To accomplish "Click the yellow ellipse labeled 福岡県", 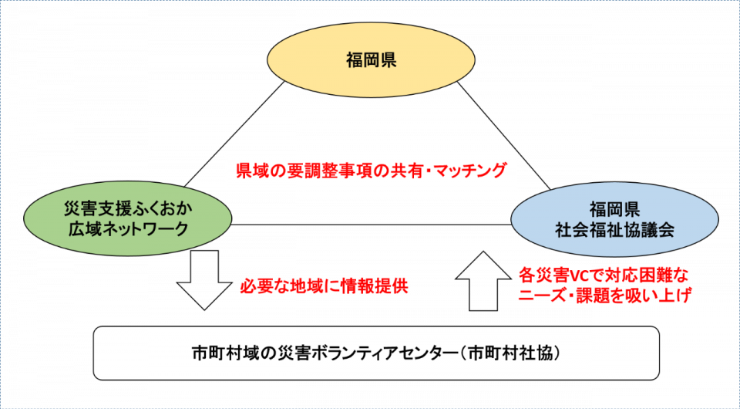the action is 371,60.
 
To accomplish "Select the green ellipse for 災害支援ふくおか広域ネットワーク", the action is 128,218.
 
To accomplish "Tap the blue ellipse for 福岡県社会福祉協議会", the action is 614,219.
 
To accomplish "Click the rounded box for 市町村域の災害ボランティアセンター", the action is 376,353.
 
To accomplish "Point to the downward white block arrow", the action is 204,279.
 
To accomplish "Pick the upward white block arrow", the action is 483,281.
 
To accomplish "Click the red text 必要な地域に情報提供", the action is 324,286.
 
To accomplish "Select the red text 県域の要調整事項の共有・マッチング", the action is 371,170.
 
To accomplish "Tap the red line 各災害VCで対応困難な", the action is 603,274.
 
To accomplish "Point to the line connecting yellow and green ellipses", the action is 234,134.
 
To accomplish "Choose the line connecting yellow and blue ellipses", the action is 503,136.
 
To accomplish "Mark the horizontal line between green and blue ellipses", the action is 372,225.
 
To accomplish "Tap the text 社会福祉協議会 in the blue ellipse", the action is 614,230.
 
